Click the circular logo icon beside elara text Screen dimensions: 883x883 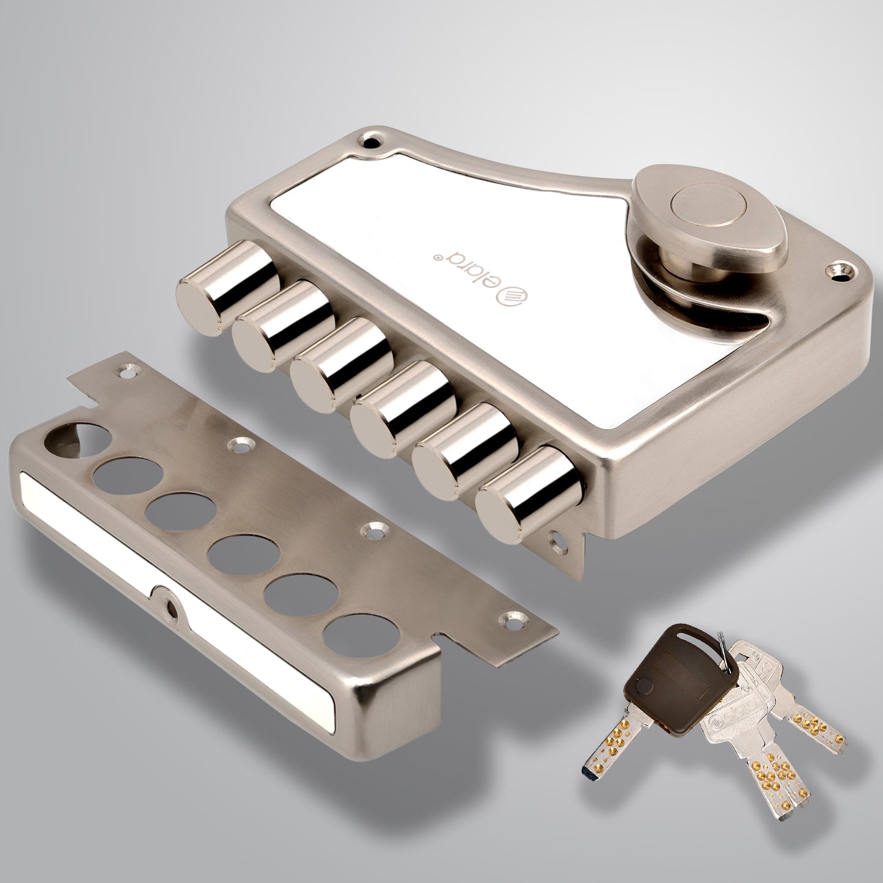pyautogui.click(x=511, y=299)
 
